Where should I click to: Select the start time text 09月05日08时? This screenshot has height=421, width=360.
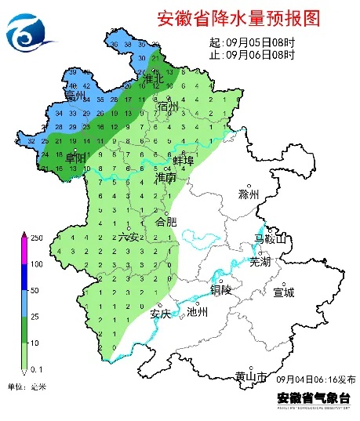(x=260, y=42)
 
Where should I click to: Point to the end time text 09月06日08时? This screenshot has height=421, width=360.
(x=260, y=55)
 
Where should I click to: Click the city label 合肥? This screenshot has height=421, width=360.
(x=167, y=222)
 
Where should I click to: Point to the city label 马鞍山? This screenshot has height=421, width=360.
(x=270, y=238)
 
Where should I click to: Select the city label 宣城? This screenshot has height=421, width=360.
(x=283, y=292)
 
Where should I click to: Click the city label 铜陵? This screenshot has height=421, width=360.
(x=220, y=289)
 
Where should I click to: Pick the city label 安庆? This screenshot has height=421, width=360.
(x=160, y=314)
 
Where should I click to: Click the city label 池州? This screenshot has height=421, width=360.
(x=197, y=312)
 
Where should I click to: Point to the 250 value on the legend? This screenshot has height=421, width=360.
(x=36, y=237)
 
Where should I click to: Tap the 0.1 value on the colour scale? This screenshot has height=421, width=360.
(x=36, y=368)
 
